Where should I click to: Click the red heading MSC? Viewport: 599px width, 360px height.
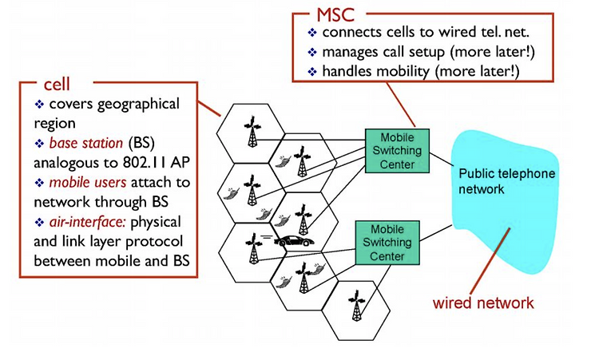pyautogui.click(x=335, y=14)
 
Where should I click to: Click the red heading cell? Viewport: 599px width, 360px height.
pyautogui.click(x=57, y=85)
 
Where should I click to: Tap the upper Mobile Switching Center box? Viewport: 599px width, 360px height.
pyautogui.click(x=397, y=151)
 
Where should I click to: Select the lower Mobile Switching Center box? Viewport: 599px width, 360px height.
pyautogui.click(x=387, y=243)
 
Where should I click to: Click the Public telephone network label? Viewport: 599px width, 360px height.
pyautogui.click(x=506, y=181)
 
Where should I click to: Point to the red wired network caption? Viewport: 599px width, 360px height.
pyautogui.click(x=483, y=303)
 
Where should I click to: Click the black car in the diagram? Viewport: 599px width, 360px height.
pyautogui.click(x=296, y=241)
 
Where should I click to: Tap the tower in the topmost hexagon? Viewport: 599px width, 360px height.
pyautogui.click(x=252, y=132)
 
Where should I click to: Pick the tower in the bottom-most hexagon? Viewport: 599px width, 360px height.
pyautogui.click(x=356, y=306)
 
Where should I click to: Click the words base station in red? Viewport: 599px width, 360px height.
pyautogui.click(x=86, y=143)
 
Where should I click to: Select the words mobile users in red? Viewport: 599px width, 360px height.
pyautogui.click(x=88, y=182)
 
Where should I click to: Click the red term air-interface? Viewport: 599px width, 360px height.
pyautogui.click(x=88, y=222)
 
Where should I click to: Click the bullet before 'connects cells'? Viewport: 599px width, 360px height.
pyautogui.click(x=312, y=33)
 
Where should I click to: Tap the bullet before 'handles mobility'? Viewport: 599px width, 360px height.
pyautogui.click(x=312, y=71)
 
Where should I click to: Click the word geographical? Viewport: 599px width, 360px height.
pyautogui.click(x=138, y=105)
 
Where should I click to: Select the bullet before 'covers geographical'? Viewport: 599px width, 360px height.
pyautogui.click(x=39, y=104)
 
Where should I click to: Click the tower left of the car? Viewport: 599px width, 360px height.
pyautogui.click(x=253, y=248)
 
